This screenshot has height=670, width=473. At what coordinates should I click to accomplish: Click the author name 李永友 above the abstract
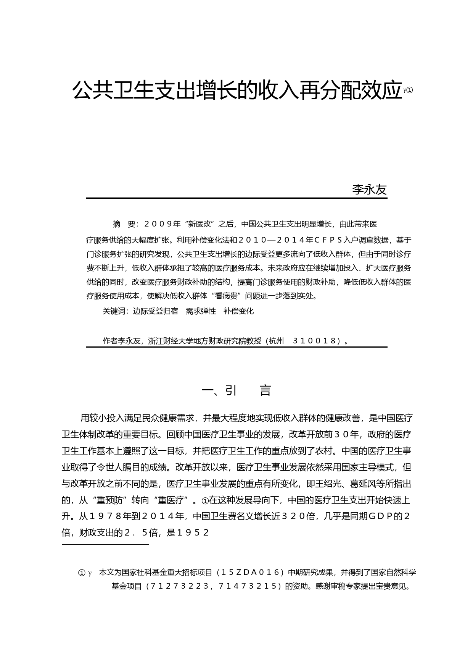(x=369, y=189)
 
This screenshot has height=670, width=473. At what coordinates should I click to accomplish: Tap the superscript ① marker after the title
(x=410, y=91)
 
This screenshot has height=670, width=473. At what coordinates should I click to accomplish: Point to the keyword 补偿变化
(x=238, y=311)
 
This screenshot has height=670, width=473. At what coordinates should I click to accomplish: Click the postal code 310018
(x=316, y=341)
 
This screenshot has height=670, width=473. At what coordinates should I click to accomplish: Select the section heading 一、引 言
(x=236, y=390)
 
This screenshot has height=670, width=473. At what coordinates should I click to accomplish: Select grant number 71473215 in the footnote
(x=246, y=586)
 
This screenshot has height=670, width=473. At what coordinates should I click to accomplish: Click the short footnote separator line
(x=105, y=544)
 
